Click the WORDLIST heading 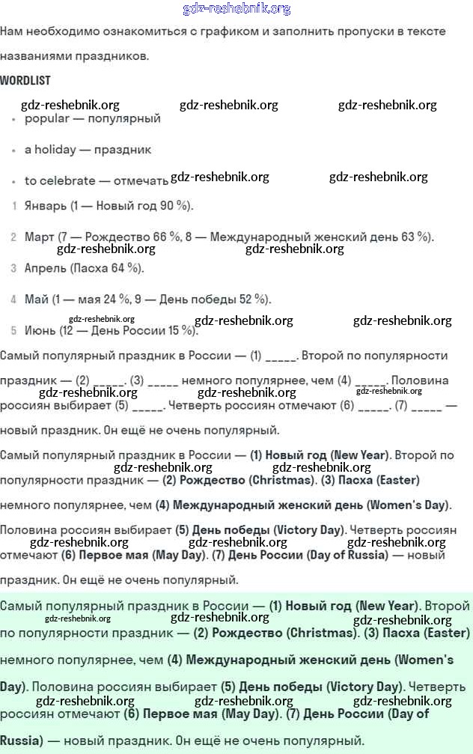click(25, 80)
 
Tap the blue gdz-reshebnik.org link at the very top click(236, 9)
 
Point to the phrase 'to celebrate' click(60, 180)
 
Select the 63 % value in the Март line click(414, 237)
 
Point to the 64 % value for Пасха click(123, 268)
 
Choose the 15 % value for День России click(182, 330)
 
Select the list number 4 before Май click(13, 300)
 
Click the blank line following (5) click(147, 407)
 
